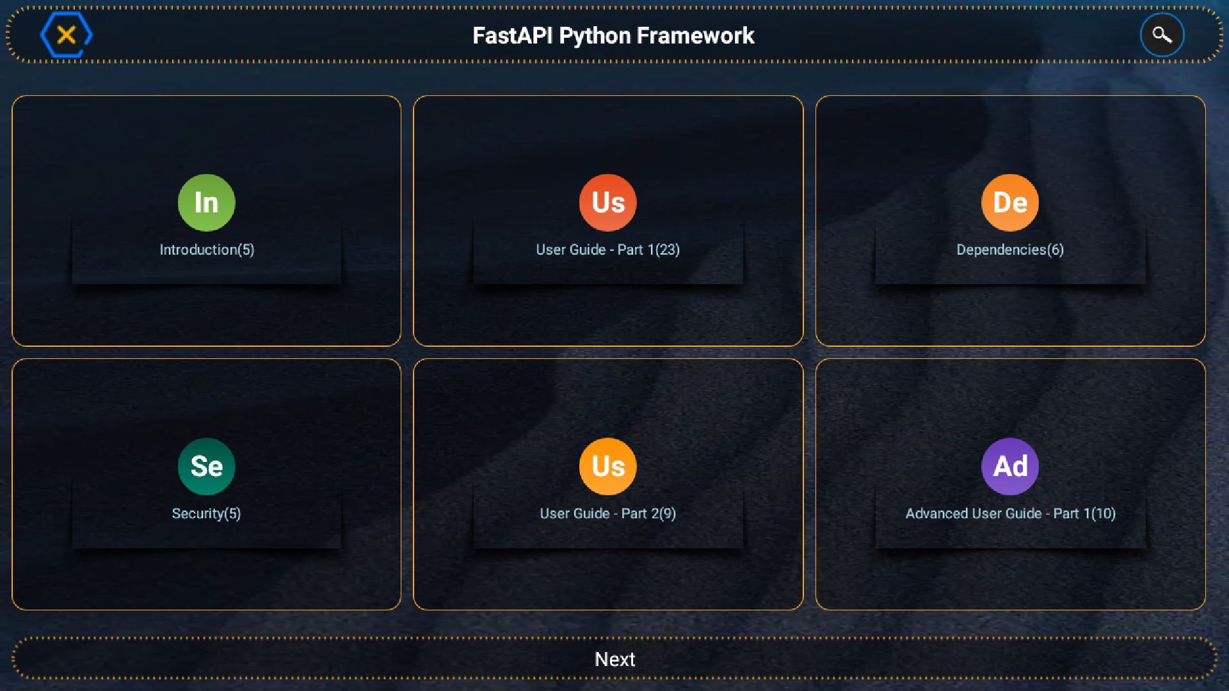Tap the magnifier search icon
pyautogui.click(x=1162, y=35)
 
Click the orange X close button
pyautogui.click(x=66, y=35)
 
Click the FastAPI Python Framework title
pyautogui.click(x=613, y=36)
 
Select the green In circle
pyautogui.click(x=206, y=203)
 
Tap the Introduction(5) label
pyautogui.click(x=207, y=250)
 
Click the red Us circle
pyautogui.click(x=607, y=203)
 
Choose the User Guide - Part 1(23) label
pyautogui.click(x=607, y=250)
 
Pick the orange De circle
pyautogui.click(x=1009, y=203)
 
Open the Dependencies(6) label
pyautogui.click(x=1009, y=250)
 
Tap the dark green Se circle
pyautogui.click(x=206, y=466)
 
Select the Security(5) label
pyautogui.click(x=206, y=513)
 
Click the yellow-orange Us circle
pyautogui.click(x=607, y=466)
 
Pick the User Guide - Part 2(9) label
pyautogui.click(x=607, y=513)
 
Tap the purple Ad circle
pyautogui.click(x=1009, y=466)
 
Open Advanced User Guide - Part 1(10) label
pyautogui.click(x=1009, y=513)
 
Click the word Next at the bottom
pyautogui.click(x=614, y=659)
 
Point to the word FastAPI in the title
pyautogui.click(x=512, y=36)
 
